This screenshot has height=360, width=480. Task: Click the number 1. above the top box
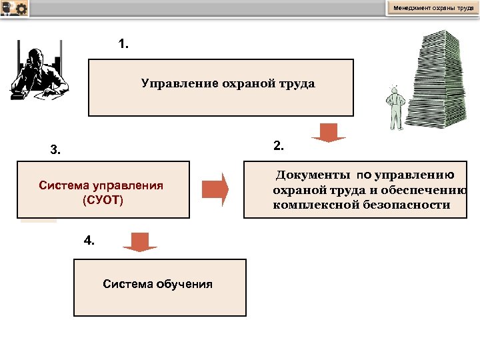point(123,45)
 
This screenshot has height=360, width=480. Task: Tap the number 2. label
point(279,145)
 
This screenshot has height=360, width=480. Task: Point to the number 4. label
point(89,241)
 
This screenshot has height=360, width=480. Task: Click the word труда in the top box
point(297,84)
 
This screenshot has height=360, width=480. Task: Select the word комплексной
point(316,205)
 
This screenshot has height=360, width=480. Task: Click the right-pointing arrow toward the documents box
point(215,189)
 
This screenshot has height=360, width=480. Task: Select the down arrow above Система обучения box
point(139,242)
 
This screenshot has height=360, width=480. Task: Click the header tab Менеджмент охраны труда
point(433,8)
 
